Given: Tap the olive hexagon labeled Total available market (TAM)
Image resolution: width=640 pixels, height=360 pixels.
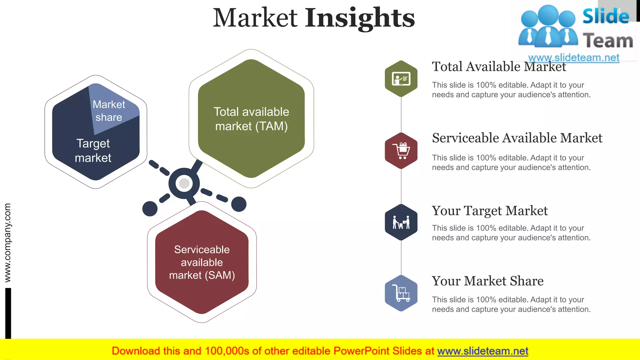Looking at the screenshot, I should click(x=251, y=119).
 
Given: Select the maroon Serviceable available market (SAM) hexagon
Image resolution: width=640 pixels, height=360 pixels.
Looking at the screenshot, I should click(x=202, y=262).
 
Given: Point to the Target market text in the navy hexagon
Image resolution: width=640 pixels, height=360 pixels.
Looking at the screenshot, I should click(x=93, y=151).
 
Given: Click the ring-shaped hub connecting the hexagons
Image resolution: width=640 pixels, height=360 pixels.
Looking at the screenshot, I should click(x=184, y=183).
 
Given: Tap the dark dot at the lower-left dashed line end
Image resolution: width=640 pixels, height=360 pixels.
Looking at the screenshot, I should click(x=150, y=209).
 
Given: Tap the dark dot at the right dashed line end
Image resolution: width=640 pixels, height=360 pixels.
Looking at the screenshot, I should click(x=239, y=204).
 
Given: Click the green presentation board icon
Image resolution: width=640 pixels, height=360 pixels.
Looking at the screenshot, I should click(x=401, y=79).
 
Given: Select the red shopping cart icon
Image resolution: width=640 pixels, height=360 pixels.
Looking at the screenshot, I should click(x=401, y=151).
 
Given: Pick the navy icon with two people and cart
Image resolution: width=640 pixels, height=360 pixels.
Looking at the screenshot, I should click(x=401, y=222).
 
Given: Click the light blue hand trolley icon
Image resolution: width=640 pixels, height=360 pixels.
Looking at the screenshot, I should click(x=401, y=293).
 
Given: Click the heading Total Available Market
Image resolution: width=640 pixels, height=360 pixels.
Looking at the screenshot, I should click(x=499, y=67).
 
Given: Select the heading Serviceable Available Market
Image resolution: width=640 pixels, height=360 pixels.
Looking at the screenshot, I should click(x=517, y=138).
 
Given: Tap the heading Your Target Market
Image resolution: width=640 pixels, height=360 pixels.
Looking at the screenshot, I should click(x=490, y=211).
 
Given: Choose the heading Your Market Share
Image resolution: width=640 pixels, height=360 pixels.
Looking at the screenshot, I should click(x=487, y=281).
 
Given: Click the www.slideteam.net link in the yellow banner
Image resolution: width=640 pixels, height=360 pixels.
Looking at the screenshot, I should click(x=482, y=351).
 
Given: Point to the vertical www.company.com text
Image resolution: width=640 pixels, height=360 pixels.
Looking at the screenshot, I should click(x=7, y=242).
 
